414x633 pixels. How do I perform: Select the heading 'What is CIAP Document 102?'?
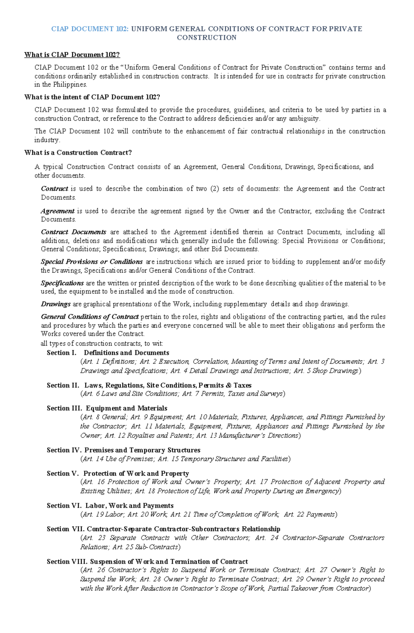pyautogui.click(x=72, y=55)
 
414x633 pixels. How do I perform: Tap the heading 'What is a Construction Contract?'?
pyautogui.click(x=78, y=152)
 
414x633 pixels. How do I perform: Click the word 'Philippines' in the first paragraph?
pyautogui.click(x=69, y=85)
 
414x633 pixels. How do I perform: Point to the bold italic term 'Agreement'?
pyautogui.click(x=57, y=211)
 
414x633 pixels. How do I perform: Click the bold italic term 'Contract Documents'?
pyautogui.click(x=73, y=232)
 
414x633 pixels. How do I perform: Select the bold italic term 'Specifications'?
pyautogui.click(x=62, y=283)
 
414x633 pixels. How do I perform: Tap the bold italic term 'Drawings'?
pyautogui.click(x=56, y=304)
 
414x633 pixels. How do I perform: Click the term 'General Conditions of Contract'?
pyautogui.click(x=90, y=316)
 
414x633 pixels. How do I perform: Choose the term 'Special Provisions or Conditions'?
pyautogui.click(x=91, y=261)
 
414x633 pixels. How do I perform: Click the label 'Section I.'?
pyautogui.click(x=61, y=353)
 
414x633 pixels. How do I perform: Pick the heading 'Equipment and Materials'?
pyautogui.click(x=126, y=408)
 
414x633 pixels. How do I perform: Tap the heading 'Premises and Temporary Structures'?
pyautogui.click(x=142, y=450)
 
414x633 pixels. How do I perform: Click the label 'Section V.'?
pyautogui.click(x=63, y=473)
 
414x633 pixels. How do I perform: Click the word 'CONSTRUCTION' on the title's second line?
pyautogui.click(x=206, y=38)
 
